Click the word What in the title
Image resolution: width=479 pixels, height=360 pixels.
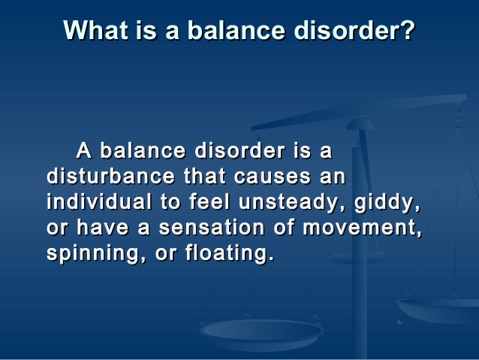[x=96, y=29]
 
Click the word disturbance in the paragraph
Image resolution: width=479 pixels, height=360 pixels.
[x=110, y=176]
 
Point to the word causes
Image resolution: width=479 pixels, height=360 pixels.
[x=273, y=177]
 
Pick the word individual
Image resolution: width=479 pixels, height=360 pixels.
[x=99, y=201]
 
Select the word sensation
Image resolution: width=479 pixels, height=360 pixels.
[x=212, y=227]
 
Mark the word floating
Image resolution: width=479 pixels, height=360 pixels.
[x=230, y=253]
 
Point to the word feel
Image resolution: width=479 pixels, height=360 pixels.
[x=209, y=201]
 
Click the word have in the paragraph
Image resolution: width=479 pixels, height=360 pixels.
[x=102, y=227]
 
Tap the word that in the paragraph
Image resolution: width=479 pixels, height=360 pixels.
[x=204, y=176]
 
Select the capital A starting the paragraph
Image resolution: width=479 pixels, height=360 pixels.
[x=83, y=150]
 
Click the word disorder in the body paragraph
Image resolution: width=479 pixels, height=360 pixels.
[x=239, y=150]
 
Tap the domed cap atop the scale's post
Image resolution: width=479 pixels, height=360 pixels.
[x=360, y=125]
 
